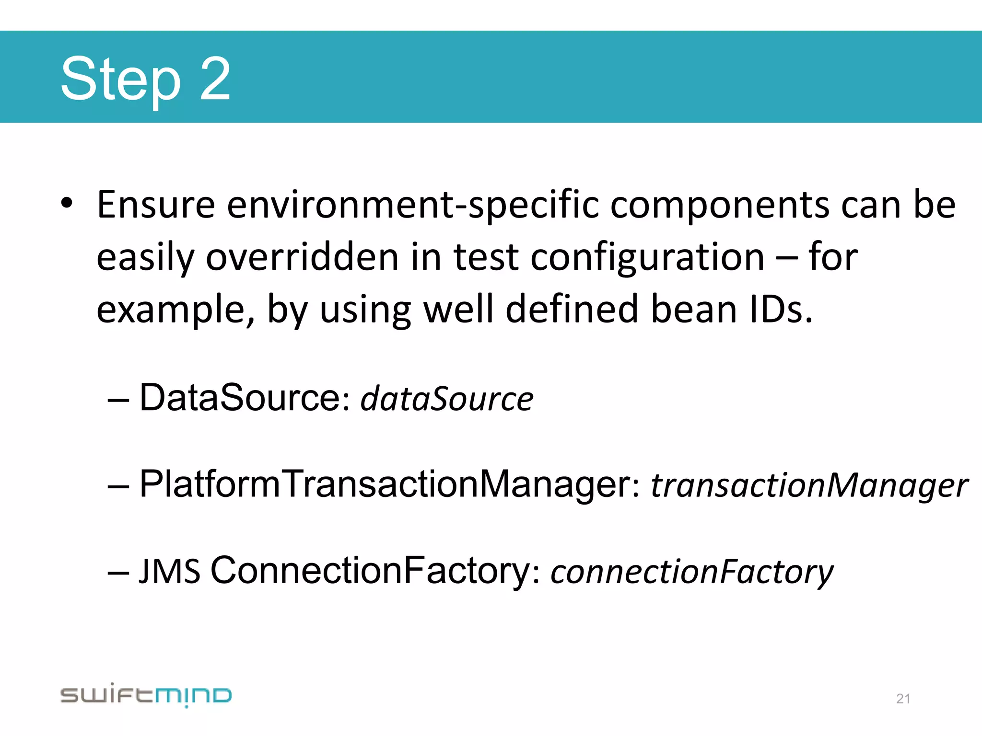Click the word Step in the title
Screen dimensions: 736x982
120,79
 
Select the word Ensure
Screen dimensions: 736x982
156,205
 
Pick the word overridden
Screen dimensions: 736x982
302,257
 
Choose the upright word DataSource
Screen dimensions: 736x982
240,398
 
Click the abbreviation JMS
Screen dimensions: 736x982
169,572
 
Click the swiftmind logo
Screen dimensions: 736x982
146,695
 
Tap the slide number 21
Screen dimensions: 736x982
903,699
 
